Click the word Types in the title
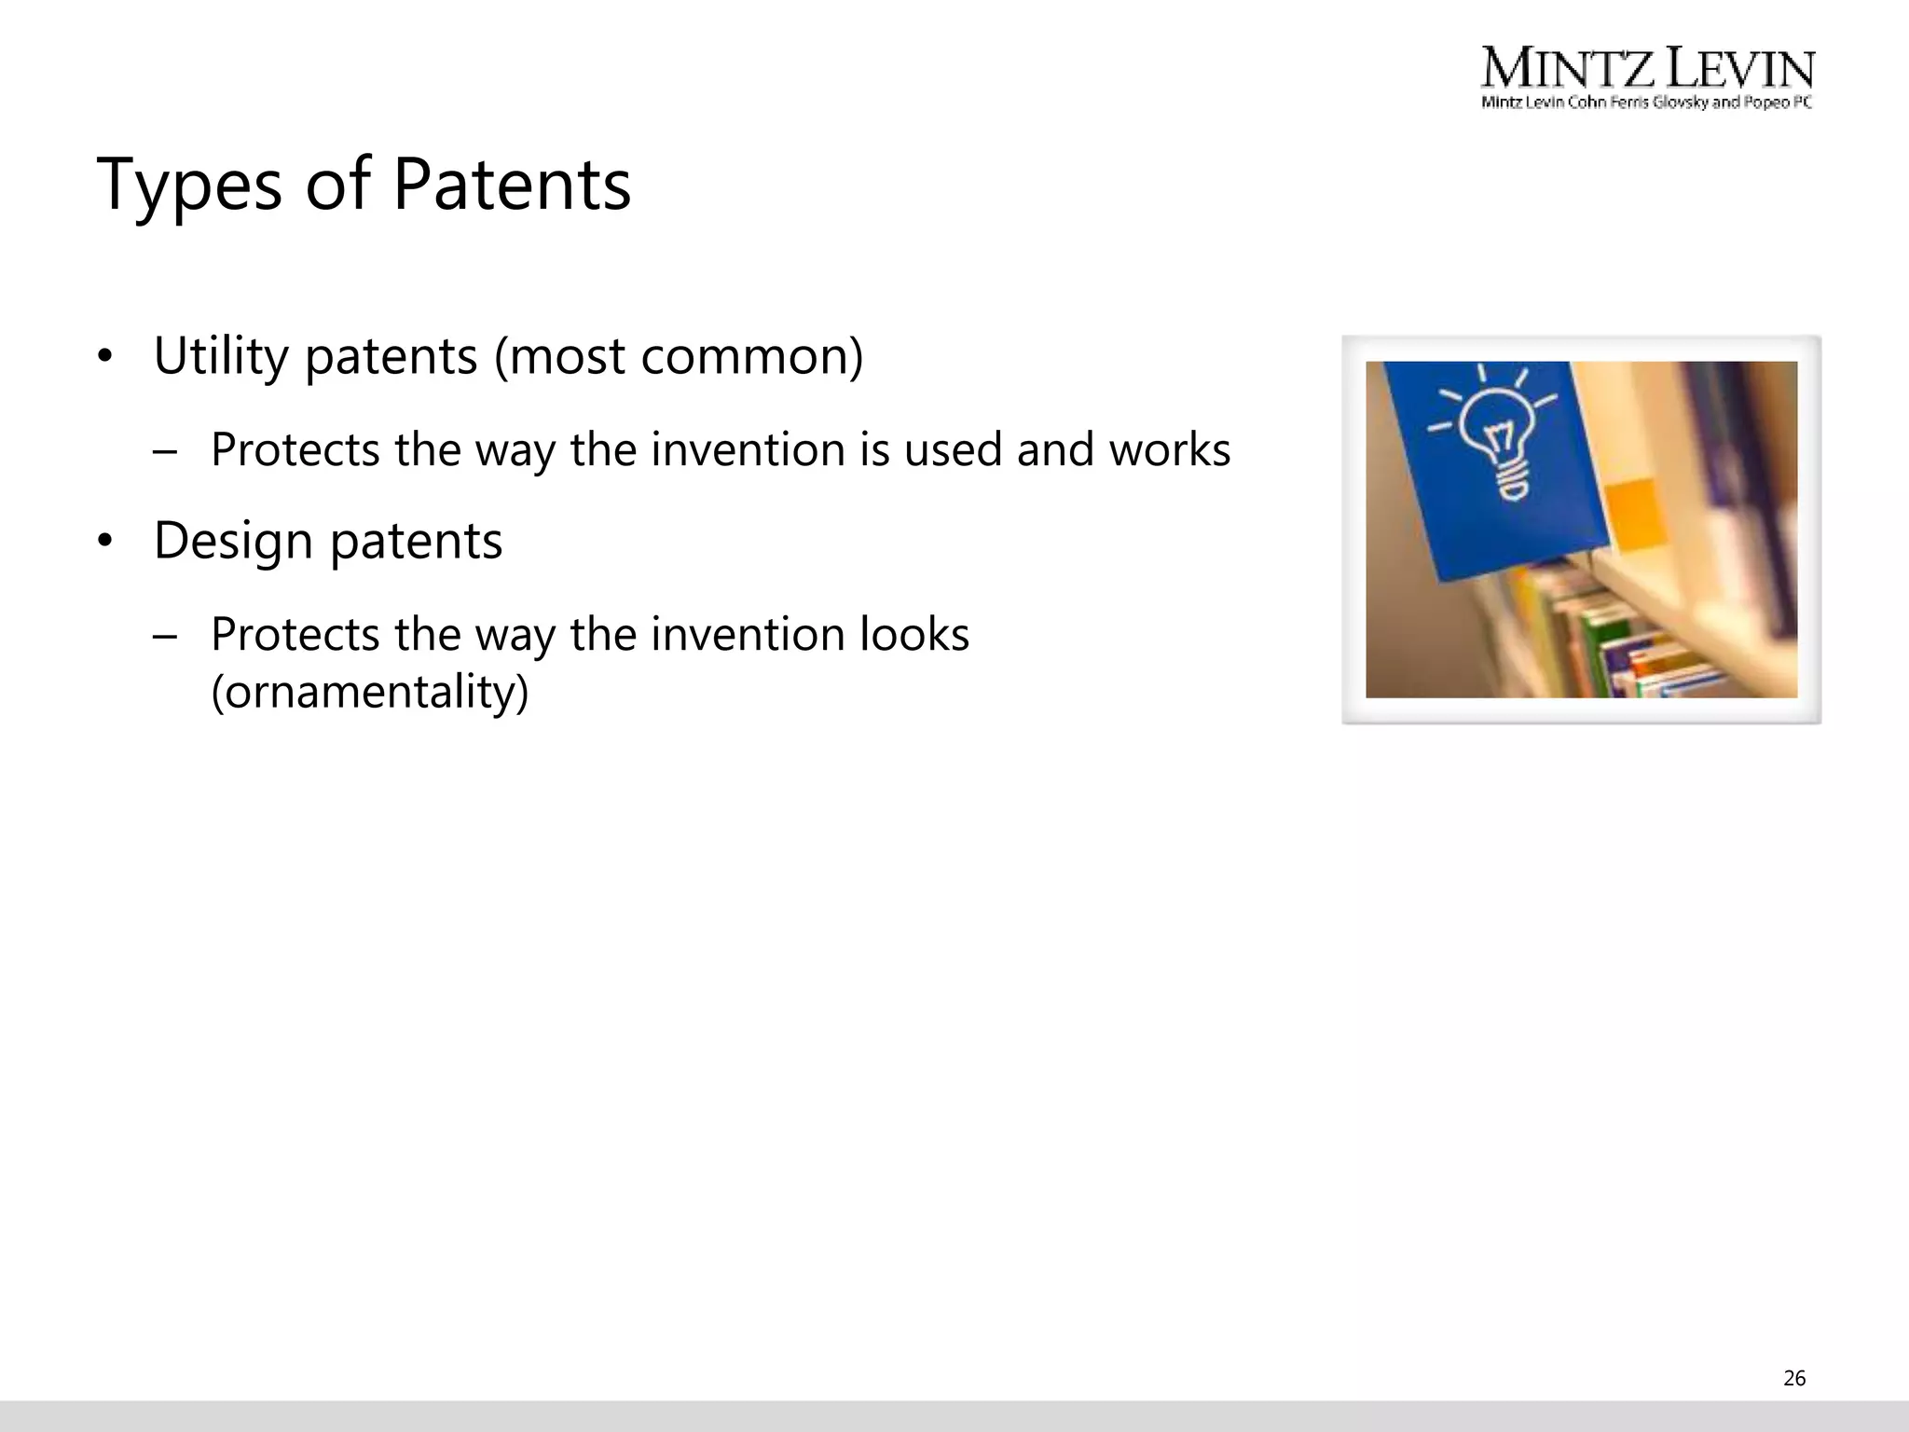[189, 186]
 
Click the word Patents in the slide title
[512, 184]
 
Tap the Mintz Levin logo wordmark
[1647, 69]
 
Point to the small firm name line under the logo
[1646, 103]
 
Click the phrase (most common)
[679, 356]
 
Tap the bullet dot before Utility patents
[105, 357]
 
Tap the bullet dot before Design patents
[105, 542]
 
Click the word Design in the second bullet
[233, 541]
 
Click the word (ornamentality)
[370, 692]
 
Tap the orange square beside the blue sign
[1636, 512]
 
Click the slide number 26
[1794, 1378]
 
